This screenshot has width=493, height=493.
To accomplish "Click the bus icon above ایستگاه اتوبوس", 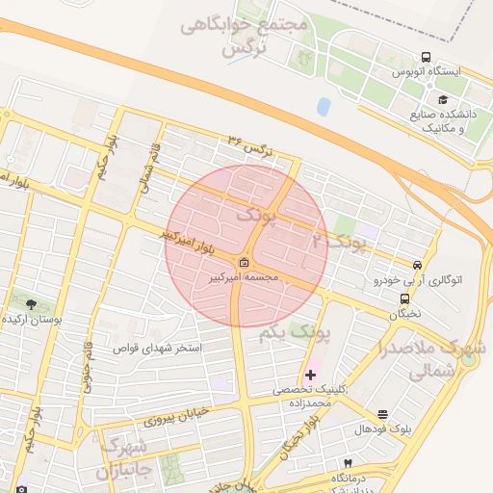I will pyautogui.click(x=427, y=56).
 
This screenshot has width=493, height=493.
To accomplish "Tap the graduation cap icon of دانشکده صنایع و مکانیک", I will pyautogui.click(x=443, y=99).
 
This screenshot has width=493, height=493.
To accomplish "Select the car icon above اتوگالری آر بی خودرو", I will pyautogui.click(x=417, y=265).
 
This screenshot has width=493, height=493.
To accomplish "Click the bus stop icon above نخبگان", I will pyautogui.click(x=403, y=298).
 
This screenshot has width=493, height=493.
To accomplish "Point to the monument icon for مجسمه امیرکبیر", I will pyautogui.click(x=245, y=263).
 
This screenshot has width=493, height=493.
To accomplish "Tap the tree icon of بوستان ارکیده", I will pyautogui.click(x=32, y=304).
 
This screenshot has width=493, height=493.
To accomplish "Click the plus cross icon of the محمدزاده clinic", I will pyautogui.click(x=310, y=374).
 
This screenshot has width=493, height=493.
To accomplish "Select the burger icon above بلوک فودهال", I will pyautogui.click(x=383, y=413).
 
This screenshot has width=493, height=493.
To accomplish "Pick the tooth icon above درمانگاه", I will pyautogui.click(x=348, y=464).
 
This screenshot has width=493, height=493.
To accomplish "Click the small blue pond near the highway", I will pyautogui.click(x=324, y=106).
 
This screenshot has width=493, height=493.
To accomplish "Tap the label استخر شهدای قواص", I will pyautogui.click(x=157, y=348).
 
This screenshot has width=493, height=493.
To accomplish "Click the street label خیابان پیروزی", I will pyautogui.click(x=175, y=416).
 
